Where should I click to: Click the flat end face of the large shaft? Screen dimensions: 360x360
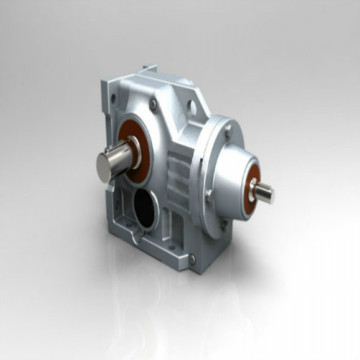tap(102, 164)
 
